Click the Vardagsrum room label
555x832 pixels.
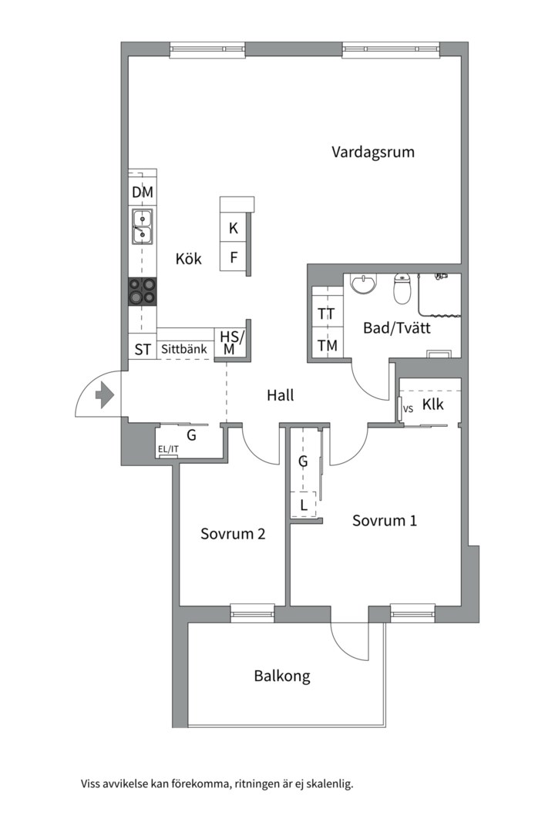click(373, 152)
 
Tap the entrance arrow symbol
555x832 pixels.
click(104, 396)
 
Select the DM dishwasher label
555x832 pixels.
click(143, 193)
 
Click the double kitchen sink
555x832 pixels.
click(143, 226)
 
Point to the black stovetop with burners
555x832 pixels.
click(143, 292)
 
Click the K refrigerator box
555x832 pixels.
click(234, 229)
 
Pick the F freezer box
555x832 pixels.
click(234, 257)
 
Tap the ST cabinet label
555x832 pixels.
click(143, 350)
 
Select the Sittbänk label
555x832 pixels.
click(184, 350)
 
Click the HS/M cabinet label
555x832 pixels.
click(230, 343)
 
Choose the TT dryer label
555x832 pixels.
click(327, 314)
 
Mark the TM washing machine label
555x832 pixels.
click(327, 346)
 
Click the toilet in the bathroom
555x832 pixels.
click(402, 288)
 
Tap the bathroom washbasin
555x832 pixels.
click(362, 284)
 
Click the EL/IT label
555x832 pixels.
click(167, 449)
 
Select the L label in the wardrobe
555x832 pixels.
click(304, 505)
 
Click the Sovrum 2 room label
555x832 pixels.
click(233, 533)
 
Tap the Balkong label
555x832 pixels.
click(282, 676)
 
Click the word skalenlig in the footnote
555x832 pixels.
click(328, 784)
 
